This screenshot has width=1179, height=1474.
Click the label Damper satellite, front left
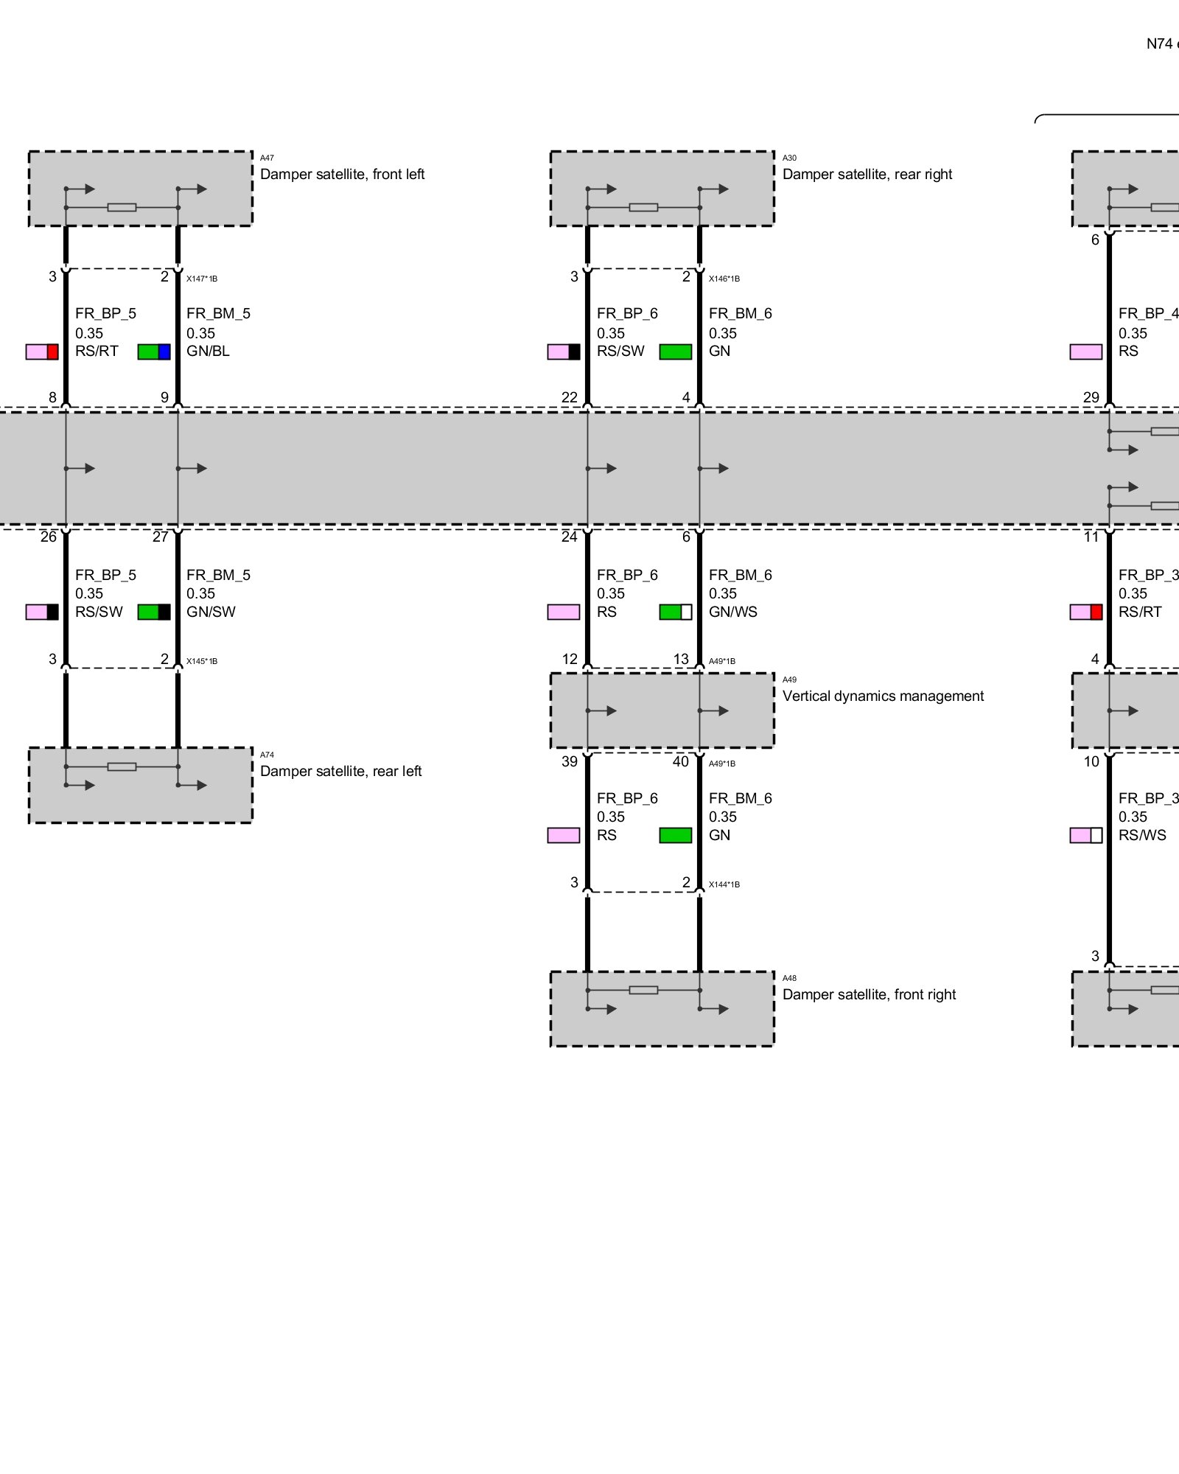point(342,175)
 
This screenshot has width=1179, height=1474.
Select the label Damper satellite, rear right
point(867,175)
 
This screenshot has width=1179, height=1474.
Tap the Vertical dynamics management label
point(882,696)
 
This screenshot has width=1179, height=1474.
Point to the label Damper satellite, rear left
point(340,772)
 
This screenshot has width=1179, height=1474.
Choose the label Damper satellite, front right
point(869,995)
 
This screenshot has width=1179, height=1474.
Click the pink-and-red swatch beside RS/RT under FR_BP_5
point(42,352)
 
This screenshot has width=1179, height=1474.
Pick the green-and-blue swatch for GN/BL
point(154,352)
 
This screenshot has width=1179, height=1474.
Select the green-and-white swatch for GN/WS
point(676,612)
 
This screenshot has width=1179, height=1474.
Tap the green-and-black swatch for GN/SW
point(154,612)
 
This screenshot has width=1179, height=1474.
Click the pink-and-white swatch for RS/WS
point(1086,835)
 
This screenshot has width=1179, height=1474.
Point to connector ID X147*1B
point(202,279)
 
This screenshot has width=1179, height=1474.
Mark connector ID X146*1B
point(724,279)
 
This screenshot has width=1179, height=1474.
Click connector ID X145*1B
point(202,661)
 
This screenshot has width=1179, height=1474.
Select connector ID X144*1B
point(724,884)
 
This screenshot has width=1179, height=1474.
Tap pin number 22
point(570,398)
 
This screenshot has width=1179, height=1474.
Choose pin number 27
point(161,537)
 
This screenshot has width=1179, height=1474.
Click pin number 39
point(570,762)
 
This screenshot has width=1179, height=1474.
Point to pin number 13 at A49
point(681,659)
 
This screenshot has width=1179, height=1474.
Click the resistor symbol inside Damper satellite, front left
point(122,208)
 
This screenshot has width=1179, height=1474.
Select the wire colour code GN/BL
point(208,352)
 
